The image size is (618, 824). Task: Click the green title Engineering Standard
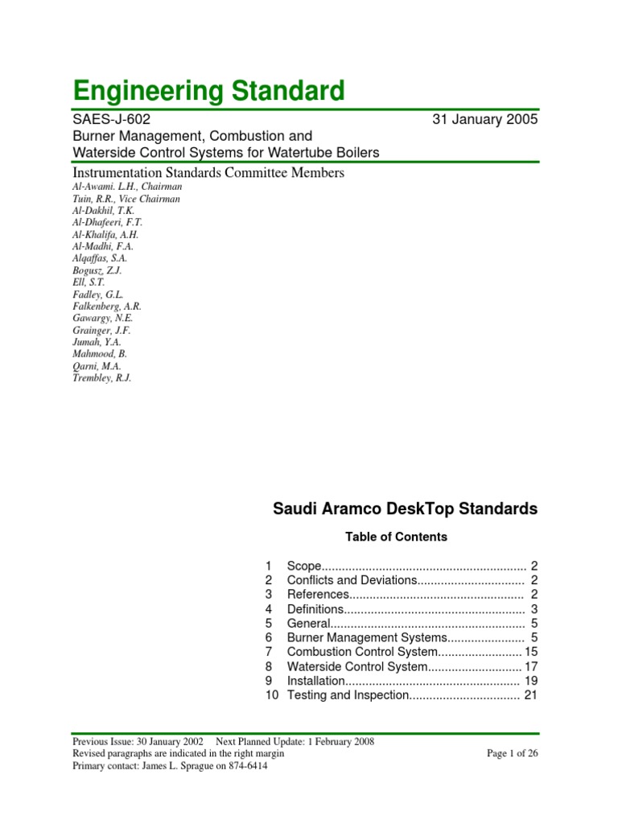click(x=208, y=90)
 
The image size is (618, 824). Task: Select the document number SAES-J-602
click(x=111, y=120)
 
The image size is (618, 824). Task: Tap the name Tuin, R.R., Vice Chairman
click(x=126, y=199)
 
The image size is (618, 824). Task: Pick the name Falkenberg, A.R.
click(x=107, y=306)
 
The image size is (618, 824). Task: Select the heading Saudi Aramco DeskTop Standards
click(x=406, y=509)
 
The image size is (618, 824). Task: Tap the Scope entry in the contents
click(x=304, y=566)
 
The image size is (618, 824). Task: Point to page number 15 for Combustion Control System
click(x=530, y=652)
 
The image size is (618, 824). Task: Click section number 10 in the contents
click(x=271, y=695)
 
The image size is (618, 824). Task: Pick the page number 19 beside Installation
click(x=530, y=681)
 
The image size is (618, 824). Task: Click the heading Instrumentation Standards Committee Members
click(x=208, y=173)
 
